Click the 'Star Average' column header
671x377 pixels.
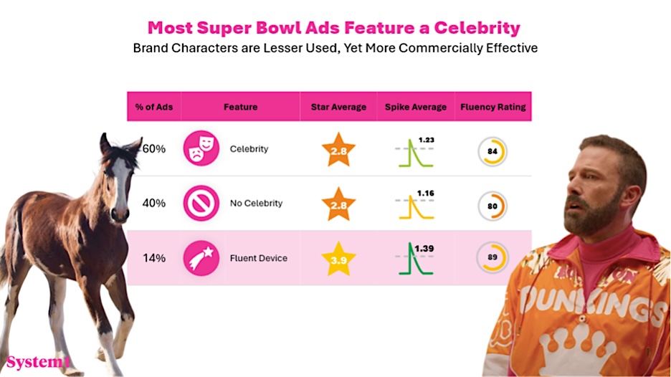[x=338, y=107]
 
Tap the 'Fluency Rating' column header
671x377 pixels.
[x=492, y=107]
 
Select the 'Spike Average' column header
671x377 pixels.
[x=417, y=107]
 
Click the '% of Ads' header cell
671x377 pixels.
[x=153, y=107]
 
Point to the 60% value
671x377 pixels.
[x=154, y=149]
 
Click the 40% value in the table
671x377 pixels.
[x=154, y=203]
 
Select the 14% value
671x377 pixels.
[x=154, y=258]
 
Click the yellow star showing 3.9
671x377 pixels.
[x=338, y=258]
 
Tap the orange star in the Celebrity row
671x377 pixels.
[x=338, y=149]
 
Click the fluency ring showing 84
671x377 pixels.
[x=492, y=151]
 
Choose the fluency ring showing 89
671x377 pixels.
[x=492, y=258]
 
